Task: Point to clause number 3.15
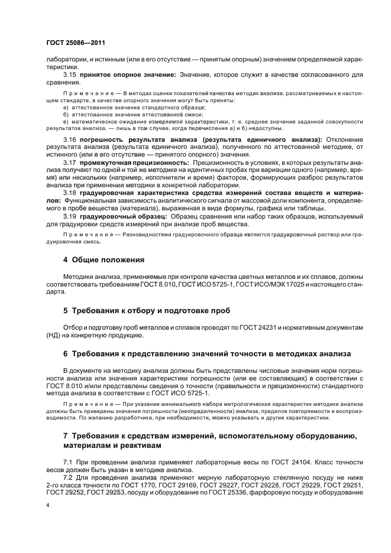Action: [x=70, y=75]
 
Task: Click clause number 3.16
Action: [x=70, y=139]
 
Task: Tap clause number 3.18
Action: [x=70, y=193]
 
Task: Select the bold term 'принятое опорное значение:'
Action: [x=124, y=75]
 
